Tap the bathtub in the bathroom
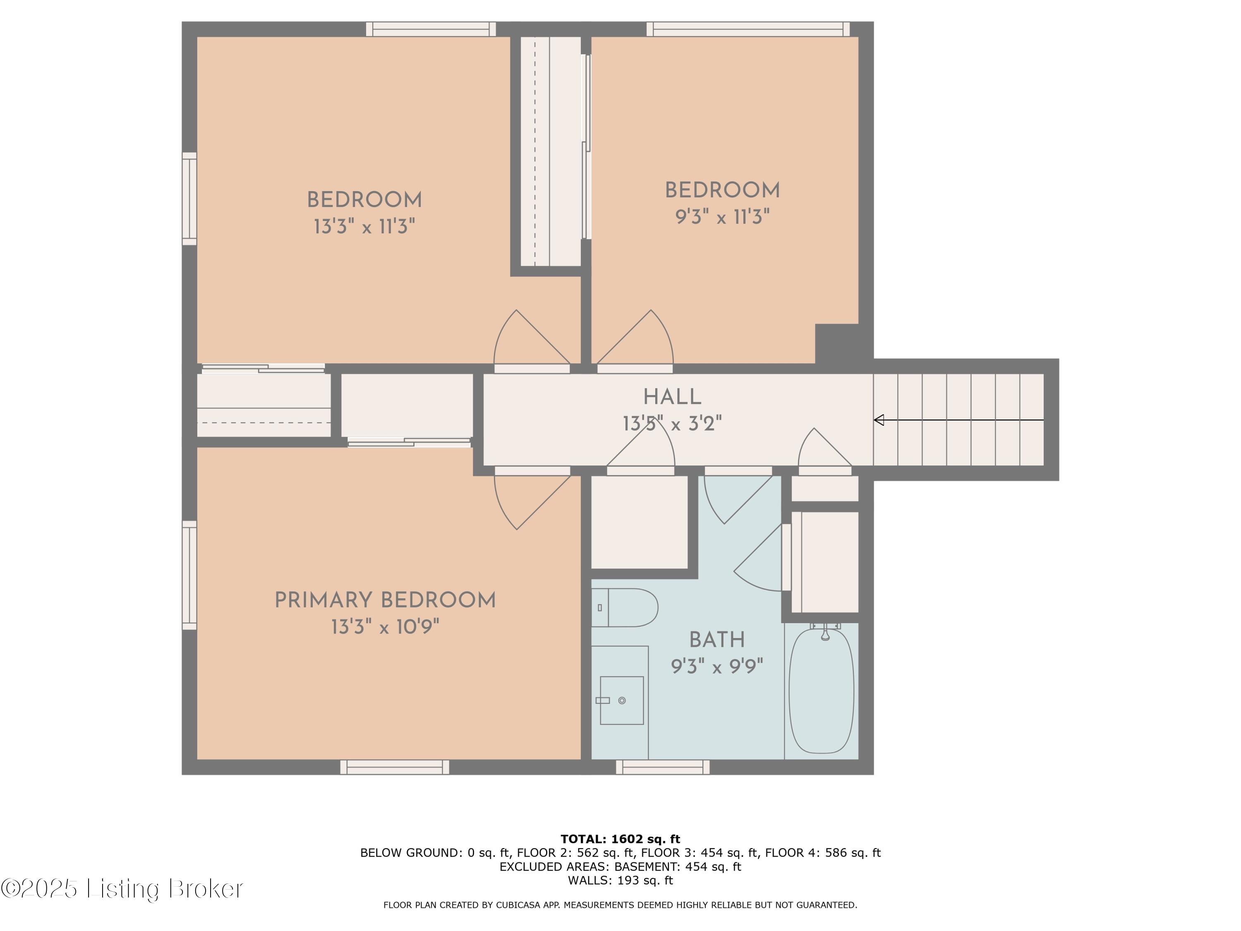coord(822,691)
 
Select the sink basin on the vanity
coord(622,701)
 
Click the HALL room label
coord(672,397)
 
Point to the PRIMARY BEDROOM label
coord(385,600)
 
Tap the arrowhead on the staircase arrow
coord(879,420)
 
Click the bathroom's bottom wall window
coord(663,767)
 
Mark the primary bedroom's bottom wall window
coord(394,767)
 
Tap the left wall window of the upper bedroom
coord(189,199)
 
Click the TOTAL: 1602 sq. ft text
coord(620,839)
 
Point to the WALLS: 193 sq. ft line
coord(620,881)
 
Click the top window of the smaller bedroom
coord(748,29)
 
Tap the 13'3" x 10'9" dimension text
coord(385,627)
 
